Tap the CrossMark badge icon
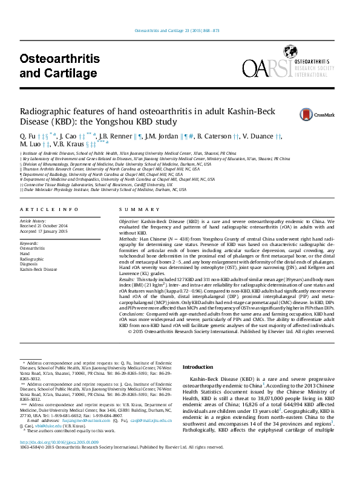[x=309, y=114]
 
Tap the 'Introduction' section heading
[x=198, y=366]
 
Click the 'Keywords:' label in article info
[x=30, y=242]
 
